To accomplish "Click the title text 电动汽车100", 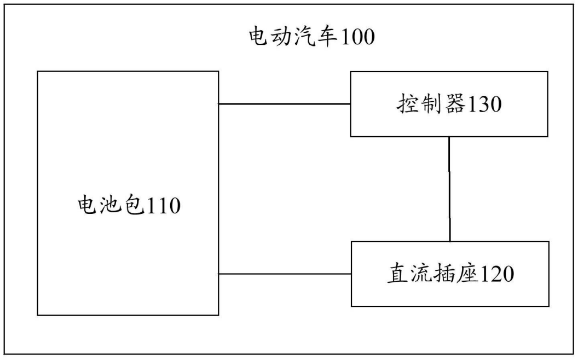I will point(311,38).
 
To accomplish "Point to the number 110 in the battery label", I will point(161,206).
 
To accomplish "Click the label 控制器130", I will point(449,104).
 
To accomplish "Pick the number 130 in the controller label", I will point(483,104).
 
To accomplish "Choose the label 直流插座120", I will point(450,274).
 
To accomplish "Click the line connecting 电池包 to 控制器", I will point(285,104).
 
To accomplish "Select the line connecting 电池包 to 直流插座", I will point(285,274).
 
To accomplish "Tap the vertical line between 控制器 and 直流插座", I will point(450,189).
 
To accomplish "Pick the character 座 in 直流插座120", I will point(467,274).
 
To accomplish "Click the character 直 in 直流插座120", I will point(398,274).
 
